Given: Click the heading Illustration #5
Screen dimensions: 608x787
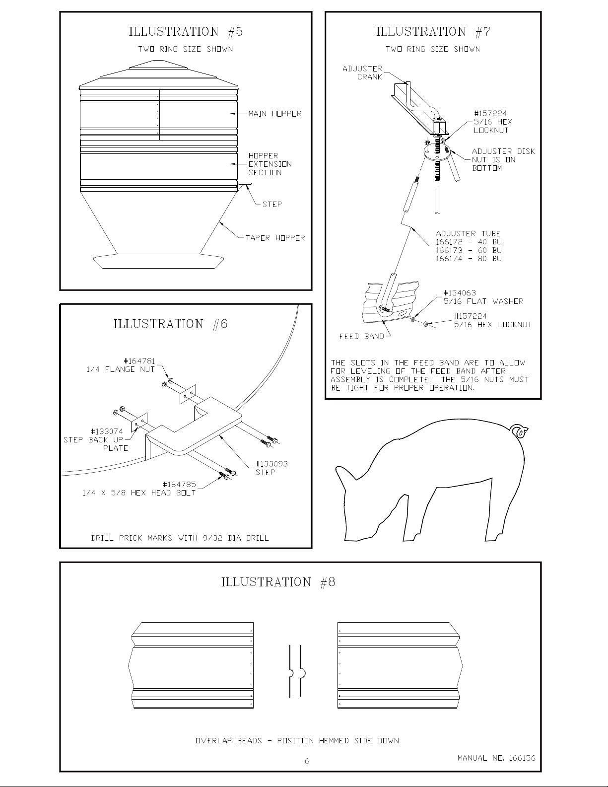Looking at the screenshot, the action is [x=186, y=32].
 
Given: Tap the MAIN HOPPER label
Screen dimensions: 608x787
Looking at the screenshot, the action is [x=274, y=114].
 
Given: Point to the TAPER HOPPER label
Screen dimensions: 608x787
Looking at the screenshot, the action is [x=275, y=238].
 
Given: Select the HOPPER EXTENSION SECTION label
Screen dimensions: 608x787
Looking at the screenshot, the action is [x=270, y=164].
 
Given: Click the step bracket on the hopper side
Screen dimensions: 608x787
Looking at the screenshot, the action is [x=244, y=186].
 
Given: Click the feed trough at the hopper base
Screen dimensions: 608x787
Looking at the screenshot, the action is [x=158, y=261].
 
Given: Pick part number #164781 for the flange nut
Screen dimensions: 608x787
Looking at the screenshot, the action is [x=139, y=361].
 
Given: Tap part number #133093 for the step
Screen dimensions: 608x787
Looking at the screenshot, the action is [x=271, y=464].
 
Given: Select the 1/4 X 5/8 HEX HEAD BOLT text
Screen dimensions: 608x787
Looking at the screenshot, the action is [x=139, y=493].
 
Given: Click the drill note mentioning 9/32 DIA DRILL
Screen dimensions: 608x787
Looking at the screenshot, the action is [x=180, y=538].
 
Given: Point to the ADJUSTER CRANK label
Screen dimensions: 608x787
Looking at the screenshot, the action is [x=362, y=73].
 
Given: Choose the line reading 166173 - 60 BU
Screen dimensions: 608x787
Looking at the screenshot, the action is [x=469, y=250].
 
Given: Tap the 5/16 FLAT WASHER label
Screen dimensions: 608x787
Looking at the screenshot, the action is [x=483, y=301].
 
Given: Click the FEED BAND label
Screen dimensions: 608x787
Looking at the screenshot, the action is [x=361, y=337].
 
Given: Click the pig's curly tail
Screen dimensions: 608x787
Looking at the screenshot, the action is [x=519, y=431].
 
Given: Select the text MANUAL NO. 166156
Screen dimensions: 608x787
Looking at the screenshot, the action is [x=496, y=758].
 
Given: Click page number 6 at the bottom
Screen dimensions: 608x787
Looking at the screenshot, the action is [x=307, y=761].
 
